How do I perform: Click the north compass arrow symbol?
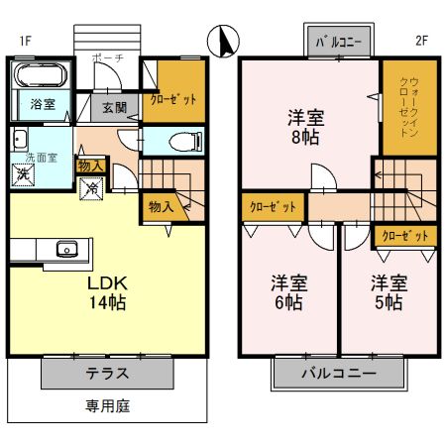[225, 43]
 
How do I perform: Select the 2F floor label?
[421, 41]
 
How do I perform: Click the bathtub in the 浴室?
[40, 74]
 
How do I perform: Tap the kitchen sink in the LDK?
[66, 248]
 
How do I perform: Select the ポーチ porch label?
[107, 58]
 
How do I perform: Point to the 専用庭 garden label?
[108, 405]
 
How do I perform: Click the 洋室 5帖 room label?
[388, 292]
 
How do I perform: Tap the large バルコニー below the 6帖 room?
[339, 375]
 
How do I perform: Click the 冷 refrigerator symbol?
[91, 186]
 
